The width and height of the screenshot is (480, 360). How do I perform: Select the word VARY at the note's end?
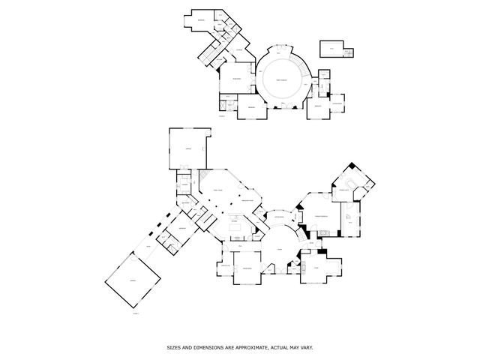[x=306, y=347]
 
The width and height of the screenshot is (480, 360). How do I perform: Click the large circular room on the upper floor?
[x=281, y=80]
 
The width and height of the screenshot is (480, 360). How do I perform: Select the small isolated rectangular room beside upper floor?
[x=331, y=49]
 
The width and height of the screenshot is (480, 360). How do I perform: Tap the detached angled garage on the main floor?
[x=133, y=283]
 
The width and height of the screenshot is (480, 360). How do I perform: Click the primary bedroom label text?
[x=323, y=216]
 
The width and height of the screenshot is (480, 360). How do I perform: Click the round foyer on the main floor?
[x=279, y=251]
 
